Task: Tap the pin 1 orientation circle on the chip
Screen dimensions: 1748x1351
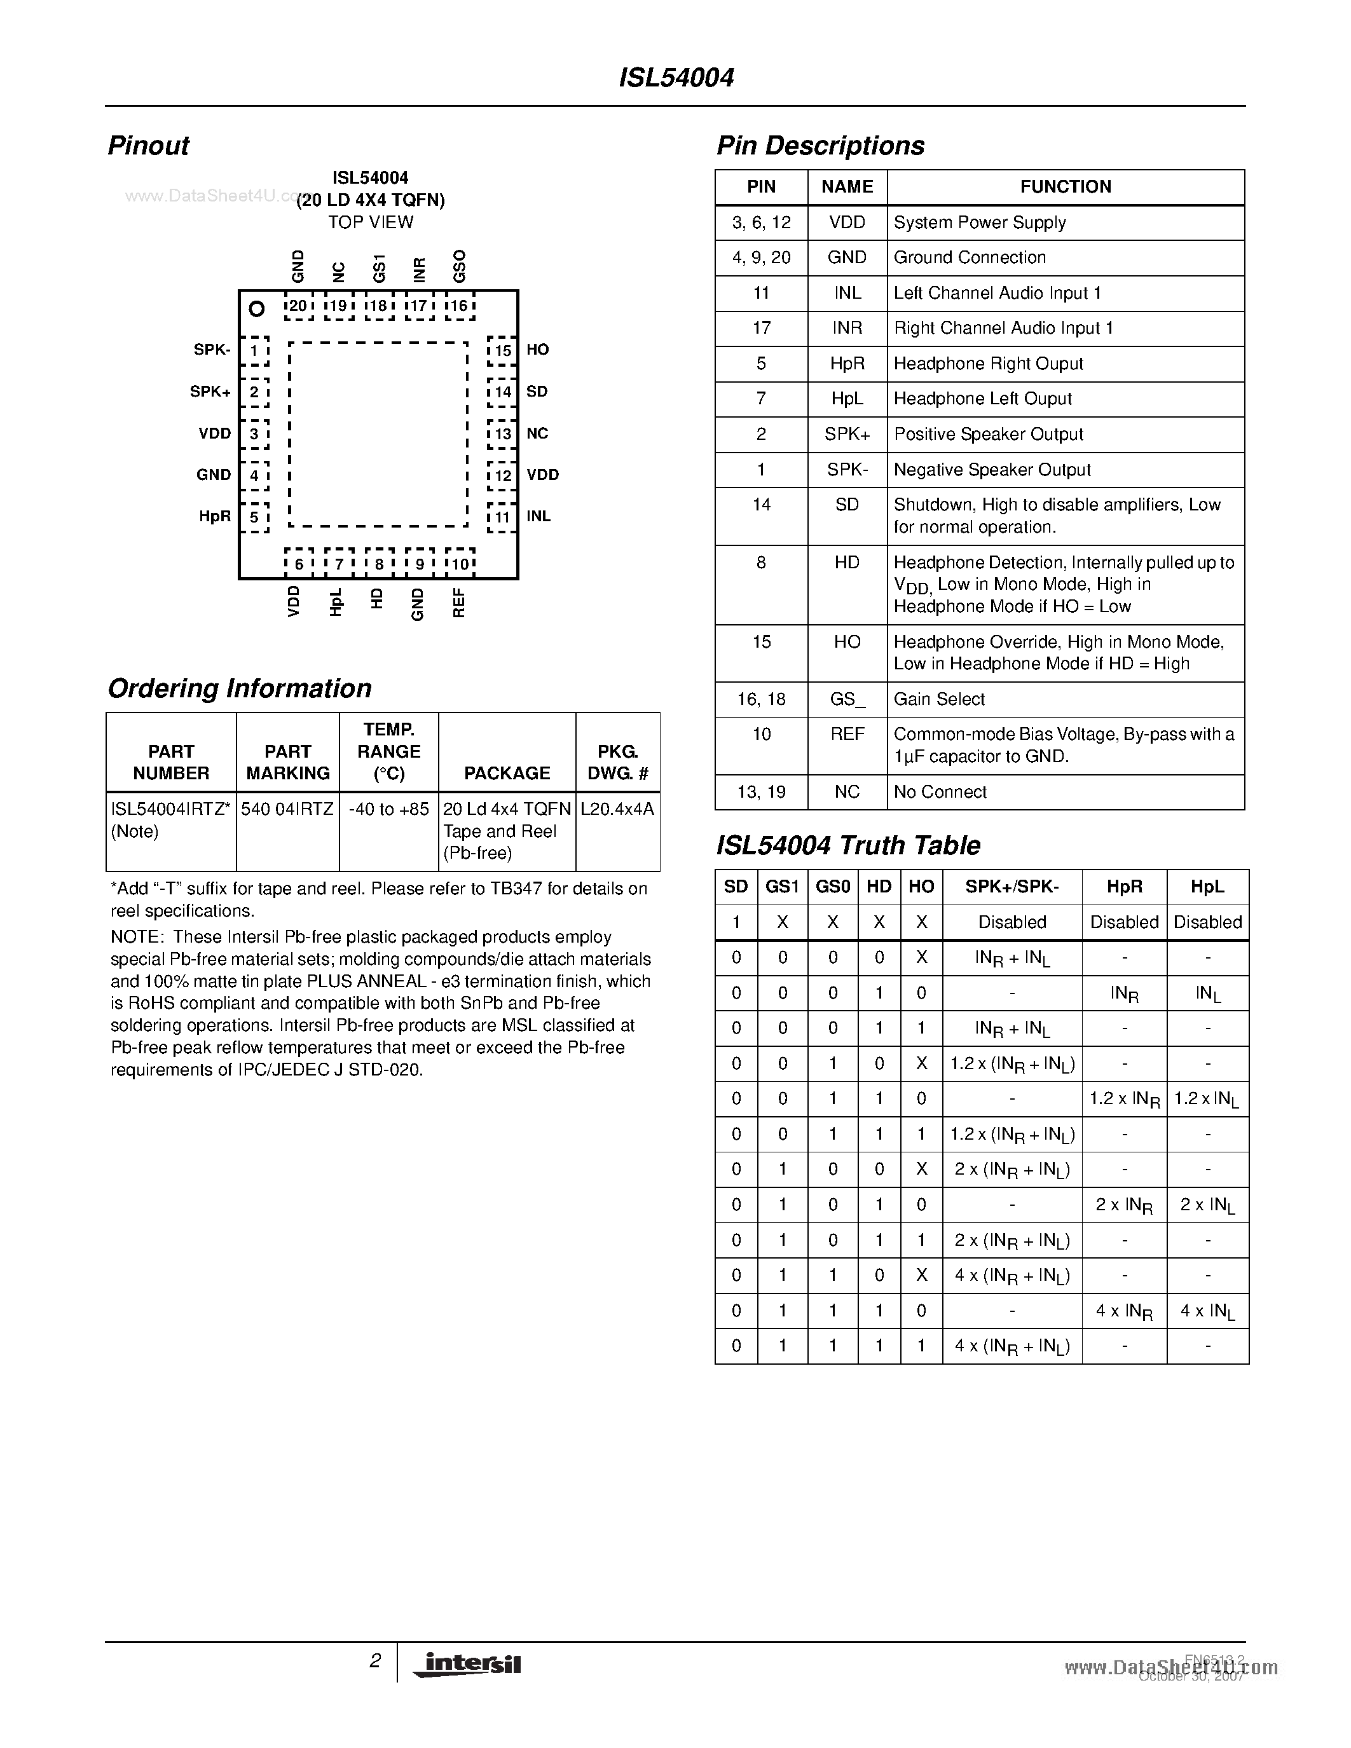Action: point(257,308)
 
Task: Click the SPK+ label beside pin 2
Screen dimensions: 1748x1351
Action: point(210,392)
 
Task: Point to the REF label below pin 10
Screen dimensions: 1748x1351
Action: point(458,603)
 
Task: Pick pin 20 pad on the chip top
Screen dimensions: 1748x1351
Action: point(298,306)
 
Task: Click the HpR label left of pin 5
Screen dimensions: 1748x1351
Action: point(214,516)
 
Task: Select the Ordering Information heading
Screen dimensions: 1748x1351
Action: point(239,688)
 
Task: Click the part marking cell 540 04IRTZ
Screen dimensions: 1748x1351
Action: point(287,809)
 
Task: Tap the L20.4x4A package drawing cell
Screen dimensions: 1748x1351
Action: point(617,809)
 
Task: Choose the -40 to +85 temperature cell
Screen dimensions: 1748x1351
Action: point(388,809)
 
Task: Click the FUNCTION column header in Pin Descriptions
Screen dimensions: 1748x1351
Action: point(1066,186)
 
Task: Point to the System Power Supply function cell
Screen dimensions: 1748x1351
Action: point(980,222)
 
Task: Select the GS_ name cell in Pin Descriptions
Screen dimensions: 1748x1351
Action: point(847,699)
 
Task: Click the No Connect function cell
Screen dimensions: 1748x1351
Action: point(940,791)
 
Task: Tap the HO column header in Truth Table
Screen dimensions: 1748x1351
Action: point(921,886)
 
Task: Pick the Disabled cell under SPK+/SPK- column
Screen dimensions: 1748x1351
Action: point(1012,922)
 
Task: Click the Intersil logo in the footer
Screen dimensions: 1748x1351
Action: point(468,1664)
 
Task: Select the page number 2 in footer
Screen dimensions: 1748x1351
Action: point(374,1661)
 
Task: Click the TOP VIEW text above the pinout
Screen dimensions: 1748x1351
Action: point(371,222)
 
